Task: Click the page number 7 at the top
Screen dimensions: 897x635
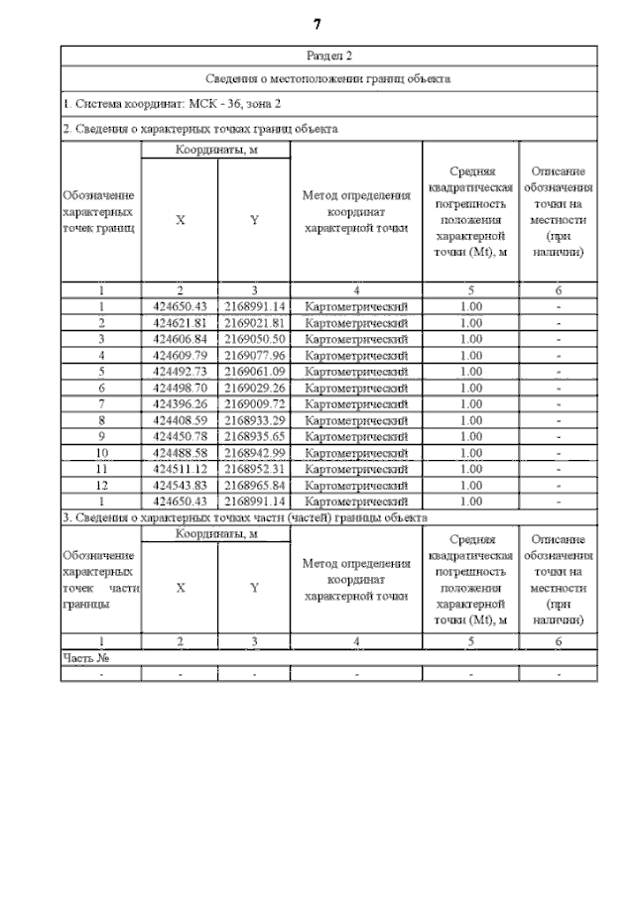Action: click(x=317, y=23)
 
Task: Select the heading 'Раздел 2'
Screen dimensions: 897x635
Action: click(x=328, y=56)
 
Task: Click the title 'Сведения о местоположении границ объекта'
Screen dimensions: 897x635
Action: click(x=328, y=78)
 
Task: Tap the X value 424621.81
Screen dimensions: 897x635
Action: click(x=180, y=323)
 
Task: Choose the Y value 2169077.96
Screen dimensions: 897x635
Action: click(x=254, y=355)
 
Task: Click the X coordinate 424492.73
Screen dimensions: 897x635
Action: click(x=180, y=372)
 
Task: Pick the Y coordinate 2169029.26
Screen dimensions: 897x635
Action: click(x=254, y=388)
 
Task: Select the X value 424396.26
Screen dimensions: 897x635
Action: click(x=180, y=404)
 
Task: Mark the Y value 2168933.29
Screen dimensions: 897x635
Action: click(x=254, y=420)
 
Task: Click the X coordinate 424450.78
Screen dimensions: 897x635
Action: click(x=180, y=436)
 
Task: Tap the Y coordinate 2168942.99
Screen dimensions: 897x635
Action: click(x=254, y=453)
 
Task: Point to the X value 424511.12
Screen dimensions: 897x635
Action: click(x=180, y=469)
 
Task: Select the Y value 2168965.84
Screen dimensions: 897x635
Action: click(x=254, y=486)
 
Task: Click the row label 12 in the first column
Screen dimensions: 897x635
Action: click(x=101, y=486)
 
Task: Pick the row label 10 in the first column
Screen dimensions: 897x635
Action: click(x=101, y=453)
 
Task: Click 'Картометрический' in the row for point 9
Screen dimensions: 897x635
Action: click(x=356, y=436)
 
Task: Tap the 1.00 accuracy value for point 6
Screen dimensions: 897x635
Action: click(x=471, y=388)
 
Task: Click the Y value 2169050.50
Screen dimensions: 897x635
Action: click(x=254, y=339)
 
